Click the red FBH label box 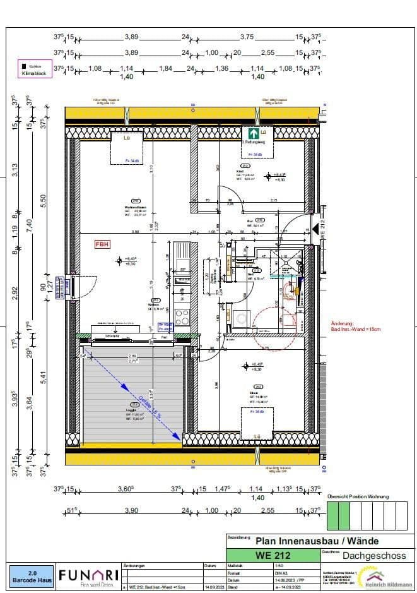(102, 243)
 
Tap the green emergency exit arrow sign (252, 134)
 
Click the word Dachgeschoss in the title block (367, 556)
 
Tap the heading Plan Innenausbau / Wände (317, 541)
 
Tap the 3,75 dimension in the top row (247, 37)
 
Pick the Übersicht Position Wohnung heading (358, 496)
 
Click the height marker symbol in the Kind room (268, 176)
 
